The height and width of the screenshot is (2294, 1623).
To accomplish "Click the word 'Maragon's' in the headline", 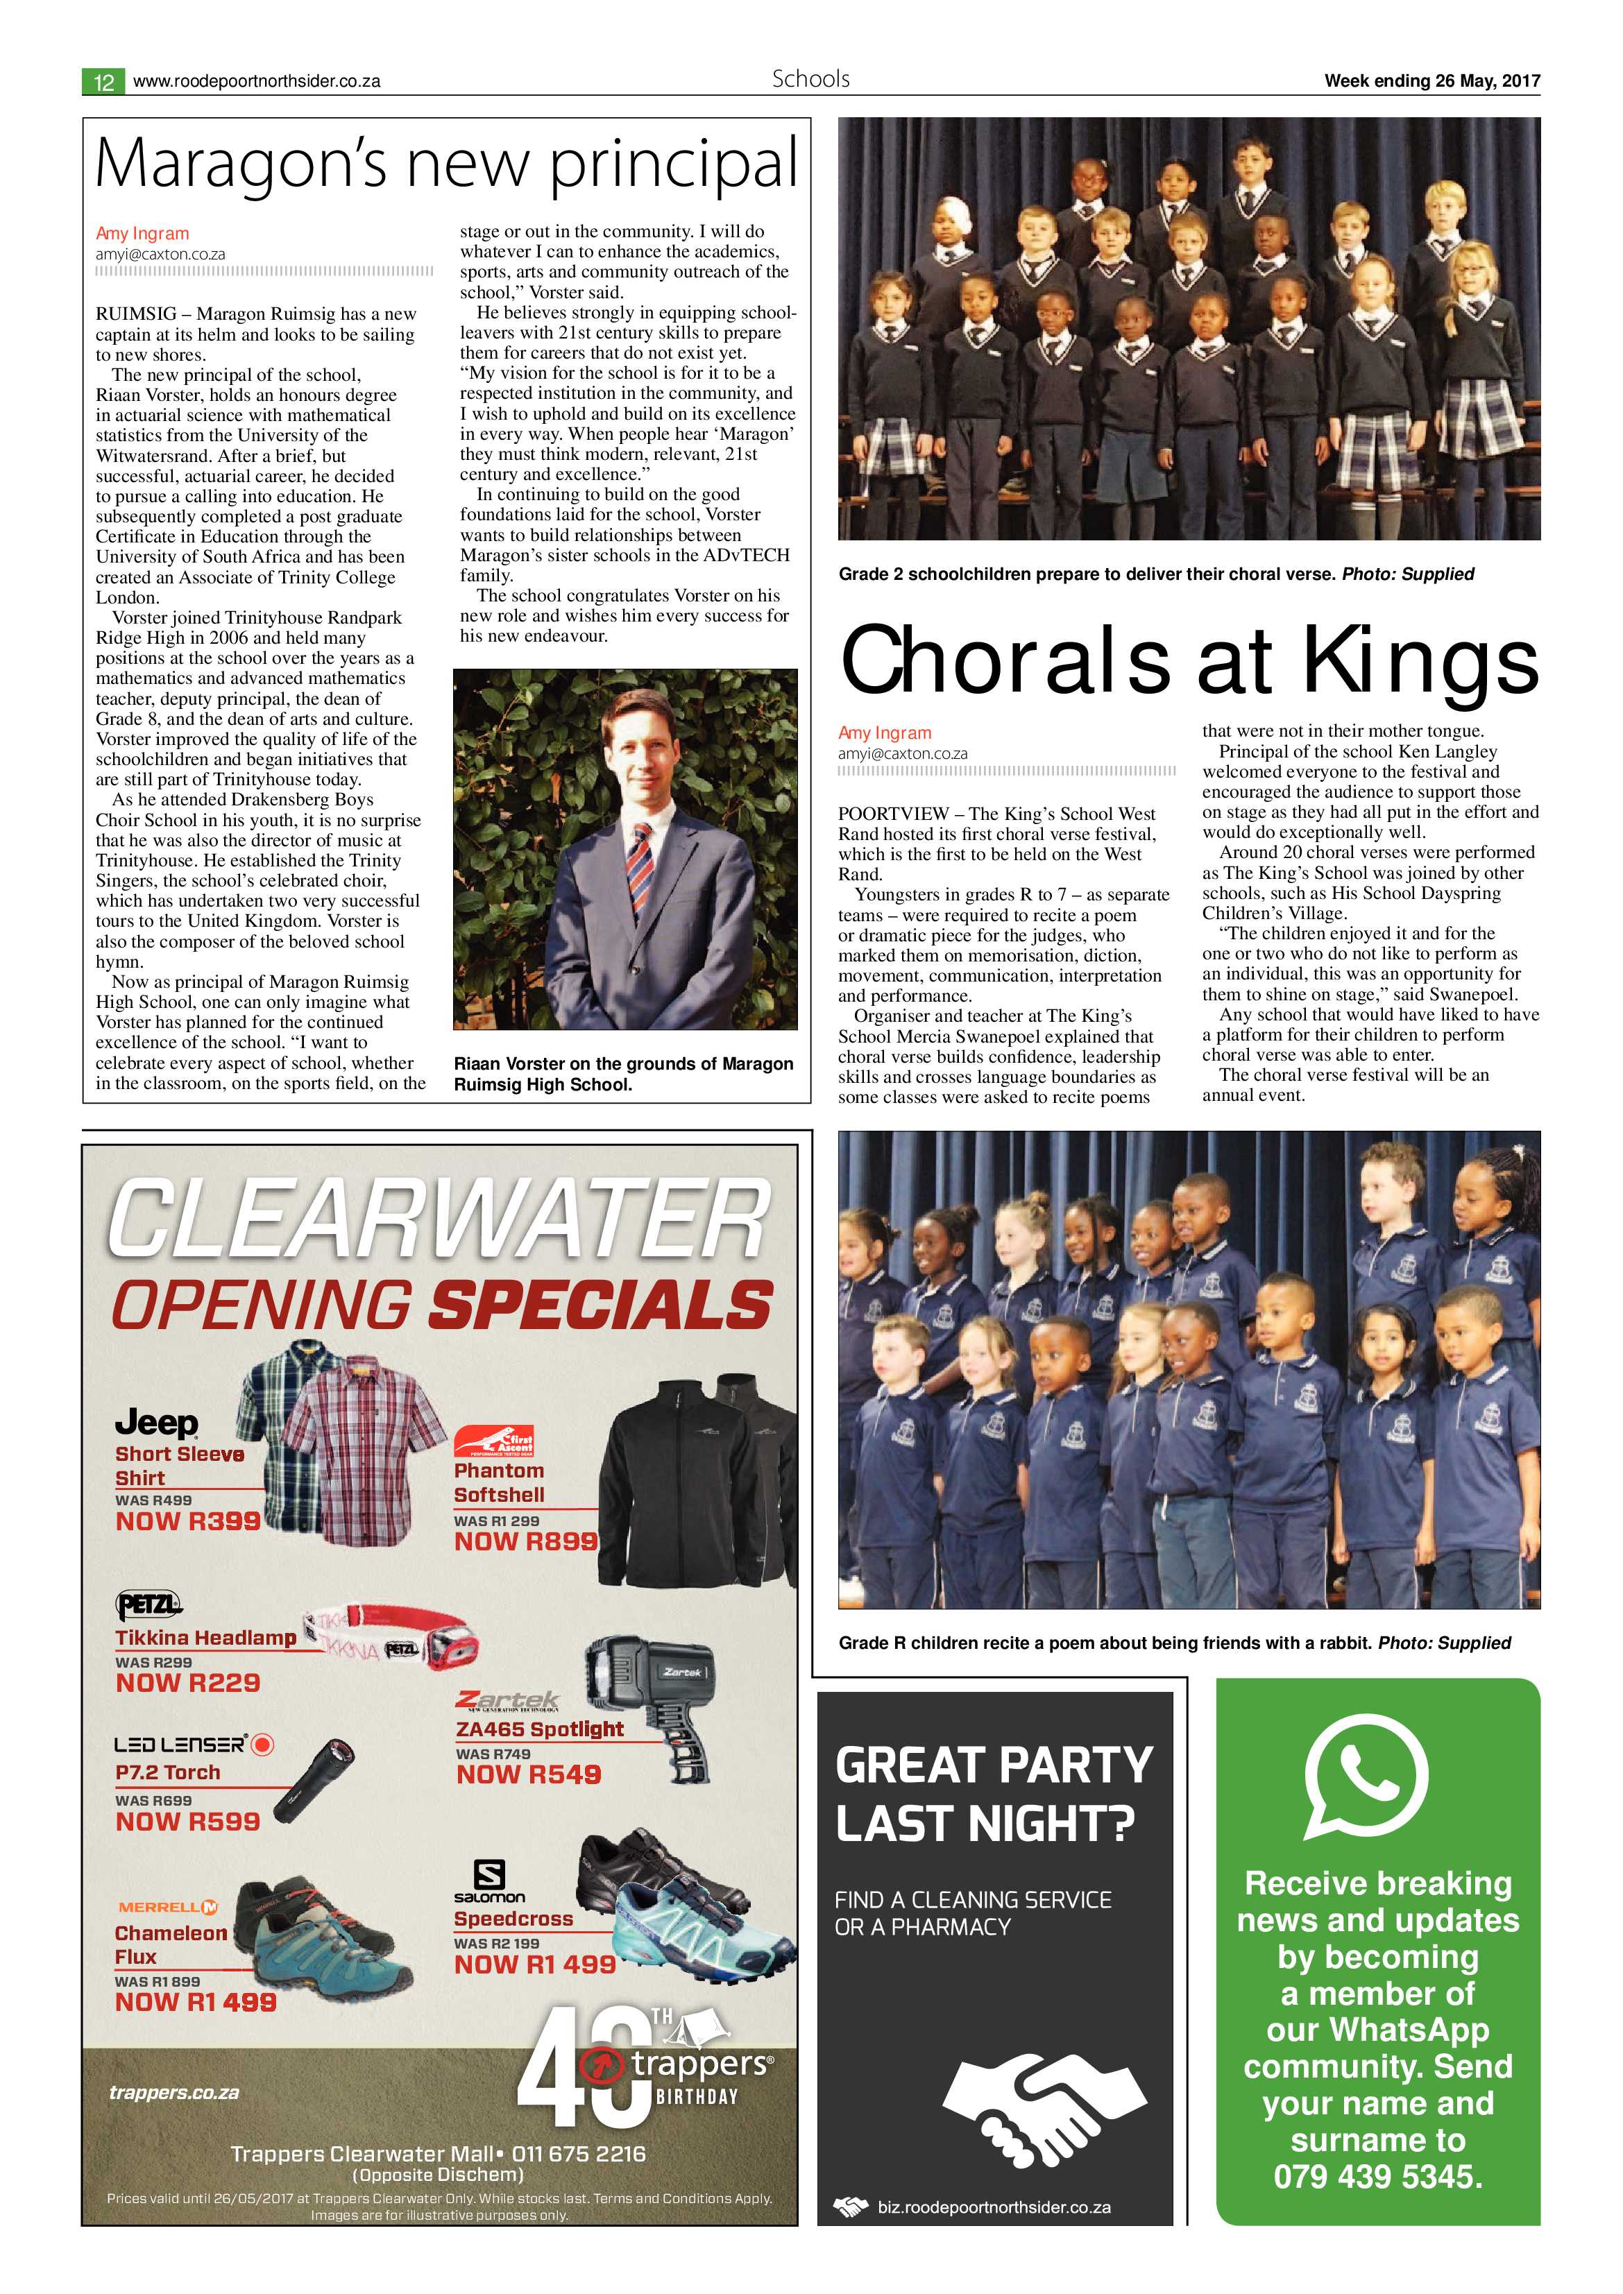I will [x=241, y=165].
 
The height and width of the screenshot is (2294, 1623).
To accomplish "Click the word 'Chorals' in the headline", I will [x=1004, y=661].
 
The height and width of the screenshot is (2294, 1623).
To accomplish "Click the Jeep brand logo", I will [x=157, y=1422].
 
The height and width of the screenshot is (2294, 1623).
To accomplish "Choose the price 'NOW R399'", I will [x=188, y=1521].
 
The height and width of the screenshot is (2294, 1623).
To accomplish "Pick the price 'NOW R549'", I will [x=529, y=1774].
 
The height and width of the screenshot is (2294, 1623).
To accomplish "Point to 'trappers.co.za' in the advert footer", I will [x=174, y=2092].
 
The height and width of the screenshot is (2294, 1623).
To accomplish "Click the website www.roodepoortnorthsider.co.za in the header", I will [x=256, y=82].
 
